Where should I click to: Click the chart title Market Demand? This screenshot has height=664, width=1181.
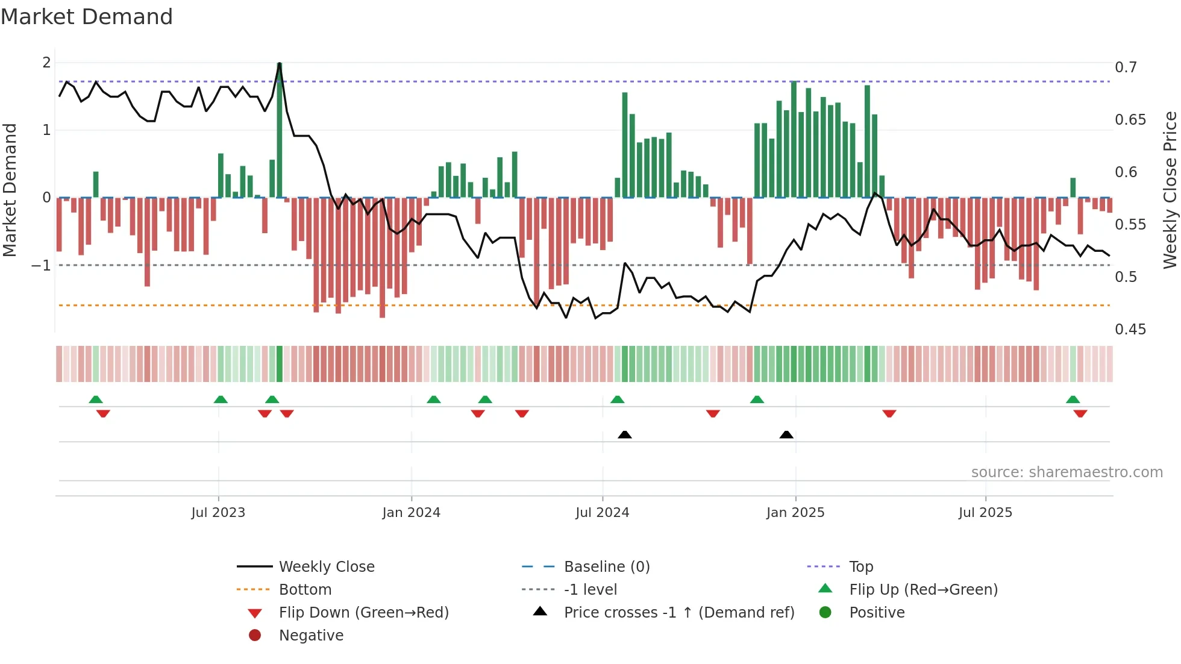(87, 17)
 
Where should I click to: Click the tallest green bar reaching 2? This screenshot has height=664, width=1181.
(280, 130)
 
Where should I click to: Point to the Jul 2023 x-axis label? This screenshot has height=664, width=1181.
(218, 513)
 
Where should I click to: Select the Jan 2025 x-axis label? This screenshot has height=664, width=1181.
(795, 513)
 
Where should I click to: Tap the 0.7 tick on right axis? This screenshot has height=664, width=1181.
(1126, 67)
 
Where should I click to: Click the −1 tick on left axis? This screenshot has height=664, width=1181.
(41, 266)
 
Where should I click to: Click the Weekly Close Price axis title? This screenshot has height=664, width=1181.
(1170, 190)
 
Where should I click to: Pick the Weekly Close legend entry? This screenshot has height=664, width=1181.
(326, 567)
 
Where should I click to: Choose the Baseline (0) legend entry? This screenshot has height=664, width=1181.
(606, 567)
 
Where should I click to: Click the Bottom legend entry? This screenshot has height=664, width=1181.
(305, 590)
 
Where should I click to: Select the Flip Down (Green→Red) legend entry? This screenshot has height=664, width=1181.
(363, 613)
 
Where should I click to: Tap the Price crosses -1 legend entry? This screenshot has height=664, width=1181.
(678, 613)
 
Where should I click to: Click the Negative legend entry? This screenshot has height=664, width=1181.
(311, 636)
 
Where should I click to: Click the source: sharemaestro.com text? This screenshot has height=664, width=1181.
(1067, 472)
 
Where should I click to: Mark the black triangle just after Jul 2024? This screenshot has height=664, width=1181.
(625, 434)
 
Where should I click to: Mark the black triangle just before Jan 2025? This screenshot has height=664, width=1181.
(786, 434)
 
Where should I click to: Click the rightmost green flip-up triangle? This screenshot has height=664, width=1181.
(1073, 399)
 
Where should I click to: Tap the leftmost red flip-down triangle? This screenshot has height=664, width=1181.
(103, 413)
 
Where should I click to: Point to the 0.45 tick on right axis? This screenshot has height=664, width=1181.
(1130, 330)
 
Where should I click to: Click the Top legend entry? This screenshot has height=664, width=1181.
(860, 567)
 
